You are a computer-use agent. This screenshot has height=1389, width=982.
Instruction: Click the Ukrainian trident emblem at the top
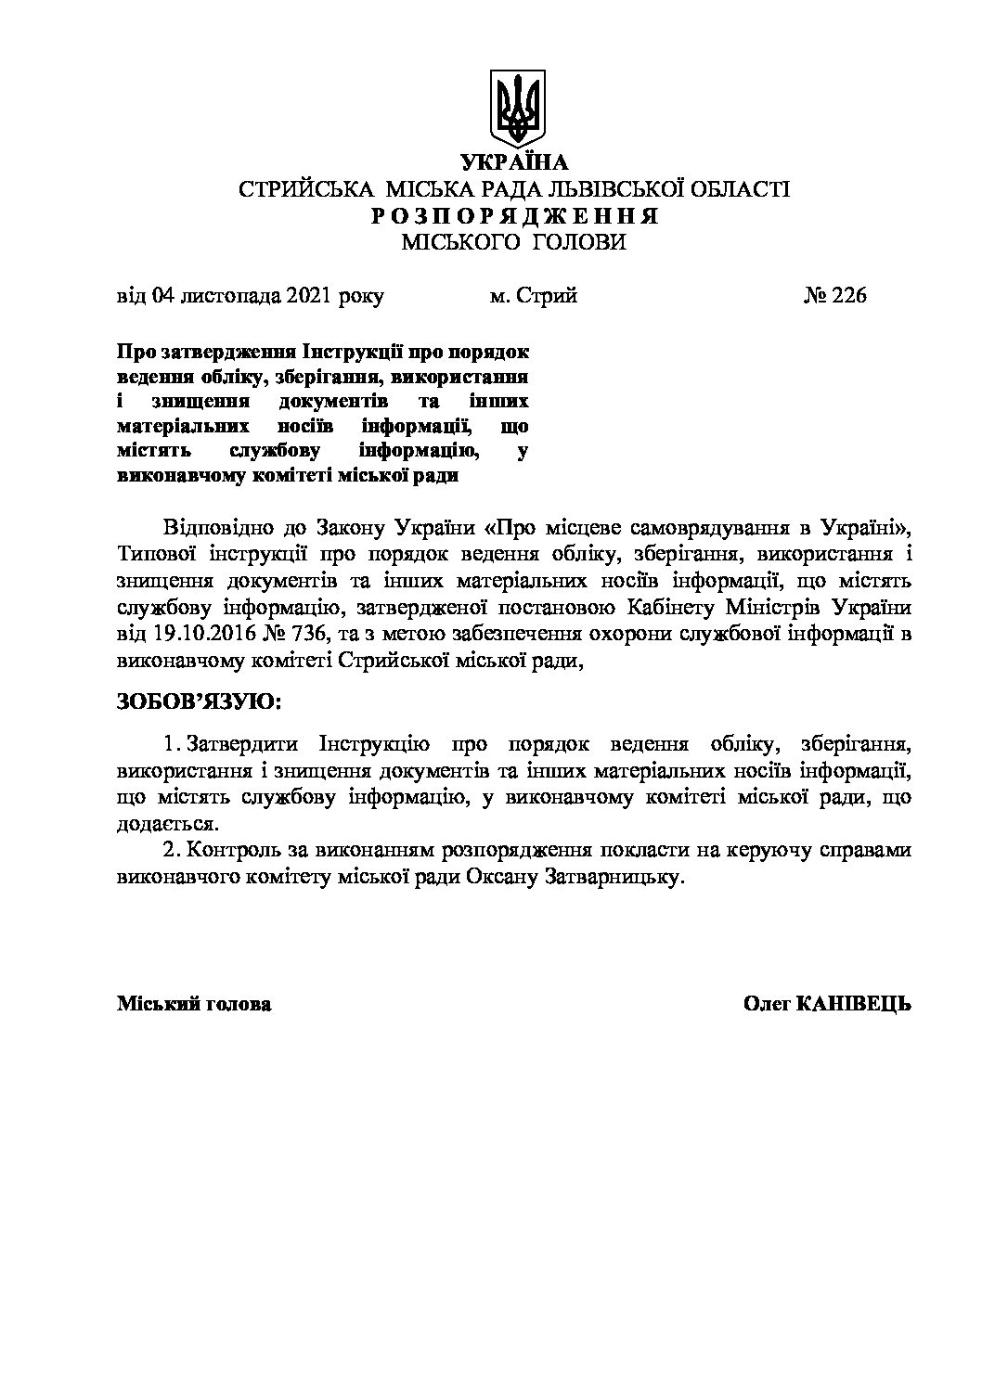pyautogui.click(x=518, y=109)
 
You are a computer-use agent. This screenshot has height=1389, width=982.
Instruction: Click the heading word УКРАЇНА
pyautogui.click(x=514, y=163)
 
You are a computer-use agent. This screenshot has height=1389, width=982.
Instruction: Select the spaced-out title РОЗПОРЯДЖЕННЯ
pyautogui.click(x=514, y=216)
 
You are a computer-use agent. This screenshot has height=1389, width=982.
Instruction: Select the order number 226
pyautogui.click(x=848, y=296)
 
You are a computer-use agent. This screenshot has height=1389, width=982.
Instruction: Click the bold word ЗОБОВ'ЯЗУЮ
pyautogui.click(x=198, y=701)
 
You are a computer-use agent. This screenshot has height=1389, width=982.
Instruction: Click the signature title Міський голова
pyautogui.click(x=194, y=1004)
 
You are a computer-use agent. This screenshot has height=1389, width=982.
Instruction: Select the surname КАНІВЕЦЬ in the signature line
pyautogui.click(x=854, y=1004)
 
